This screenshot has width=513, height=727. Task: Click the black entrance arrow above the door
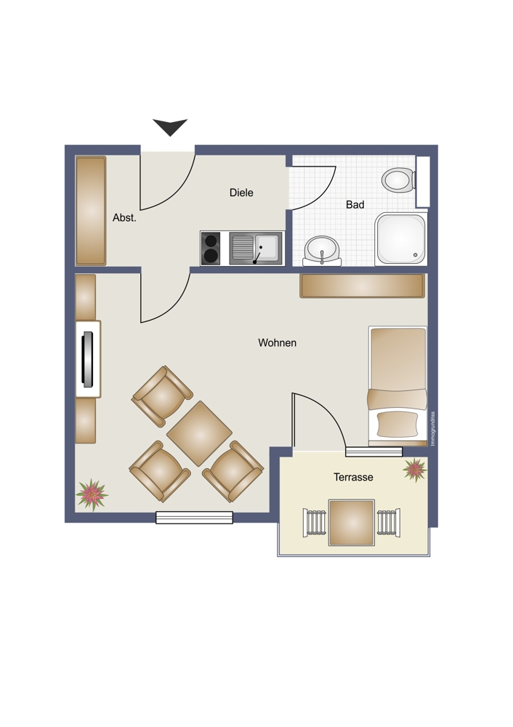tap(170, 126)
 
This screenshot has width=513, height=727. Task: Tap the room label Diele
tap(241, 193)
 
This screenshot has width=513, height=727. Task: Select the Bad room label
tap(355, 204)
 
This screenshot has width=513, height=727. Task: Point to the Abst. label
tap(124, 217)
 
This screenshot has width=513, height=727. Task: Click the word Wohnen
tap(277, 342)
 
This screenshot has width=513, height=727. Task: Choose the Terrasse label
tap(353, 477)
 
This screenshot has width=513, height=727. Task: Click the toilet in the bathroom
tap(398, 180)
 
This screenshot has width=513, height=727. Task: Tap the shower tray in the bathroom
tap(401, 238)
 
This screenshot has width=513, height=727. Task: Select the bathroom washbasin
tap(322, 250)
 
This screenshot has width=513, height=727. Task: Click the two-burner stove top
tap(211, 249)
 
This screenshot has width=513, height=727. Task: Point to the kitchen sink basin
tap(267, 248)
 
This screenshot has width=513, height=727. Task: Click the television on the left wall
tap(88, 359)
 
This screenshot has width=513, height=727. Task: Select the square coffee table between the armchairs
tap(199, 433)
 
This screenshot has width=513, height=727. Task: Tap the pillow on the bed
tap(397, 425)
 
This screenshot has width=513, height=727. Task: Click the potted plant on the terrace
tap(415, 470)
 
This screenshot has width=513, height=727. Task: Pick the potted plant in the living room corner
tap(92, 494)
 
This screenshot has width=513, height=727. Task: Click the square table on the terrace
tap(351, 523)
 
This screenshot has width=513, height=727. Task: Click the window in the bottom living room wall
tap(194, 518)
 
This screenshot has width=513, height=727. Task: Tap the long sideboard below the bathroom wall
tap(363, 286)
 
